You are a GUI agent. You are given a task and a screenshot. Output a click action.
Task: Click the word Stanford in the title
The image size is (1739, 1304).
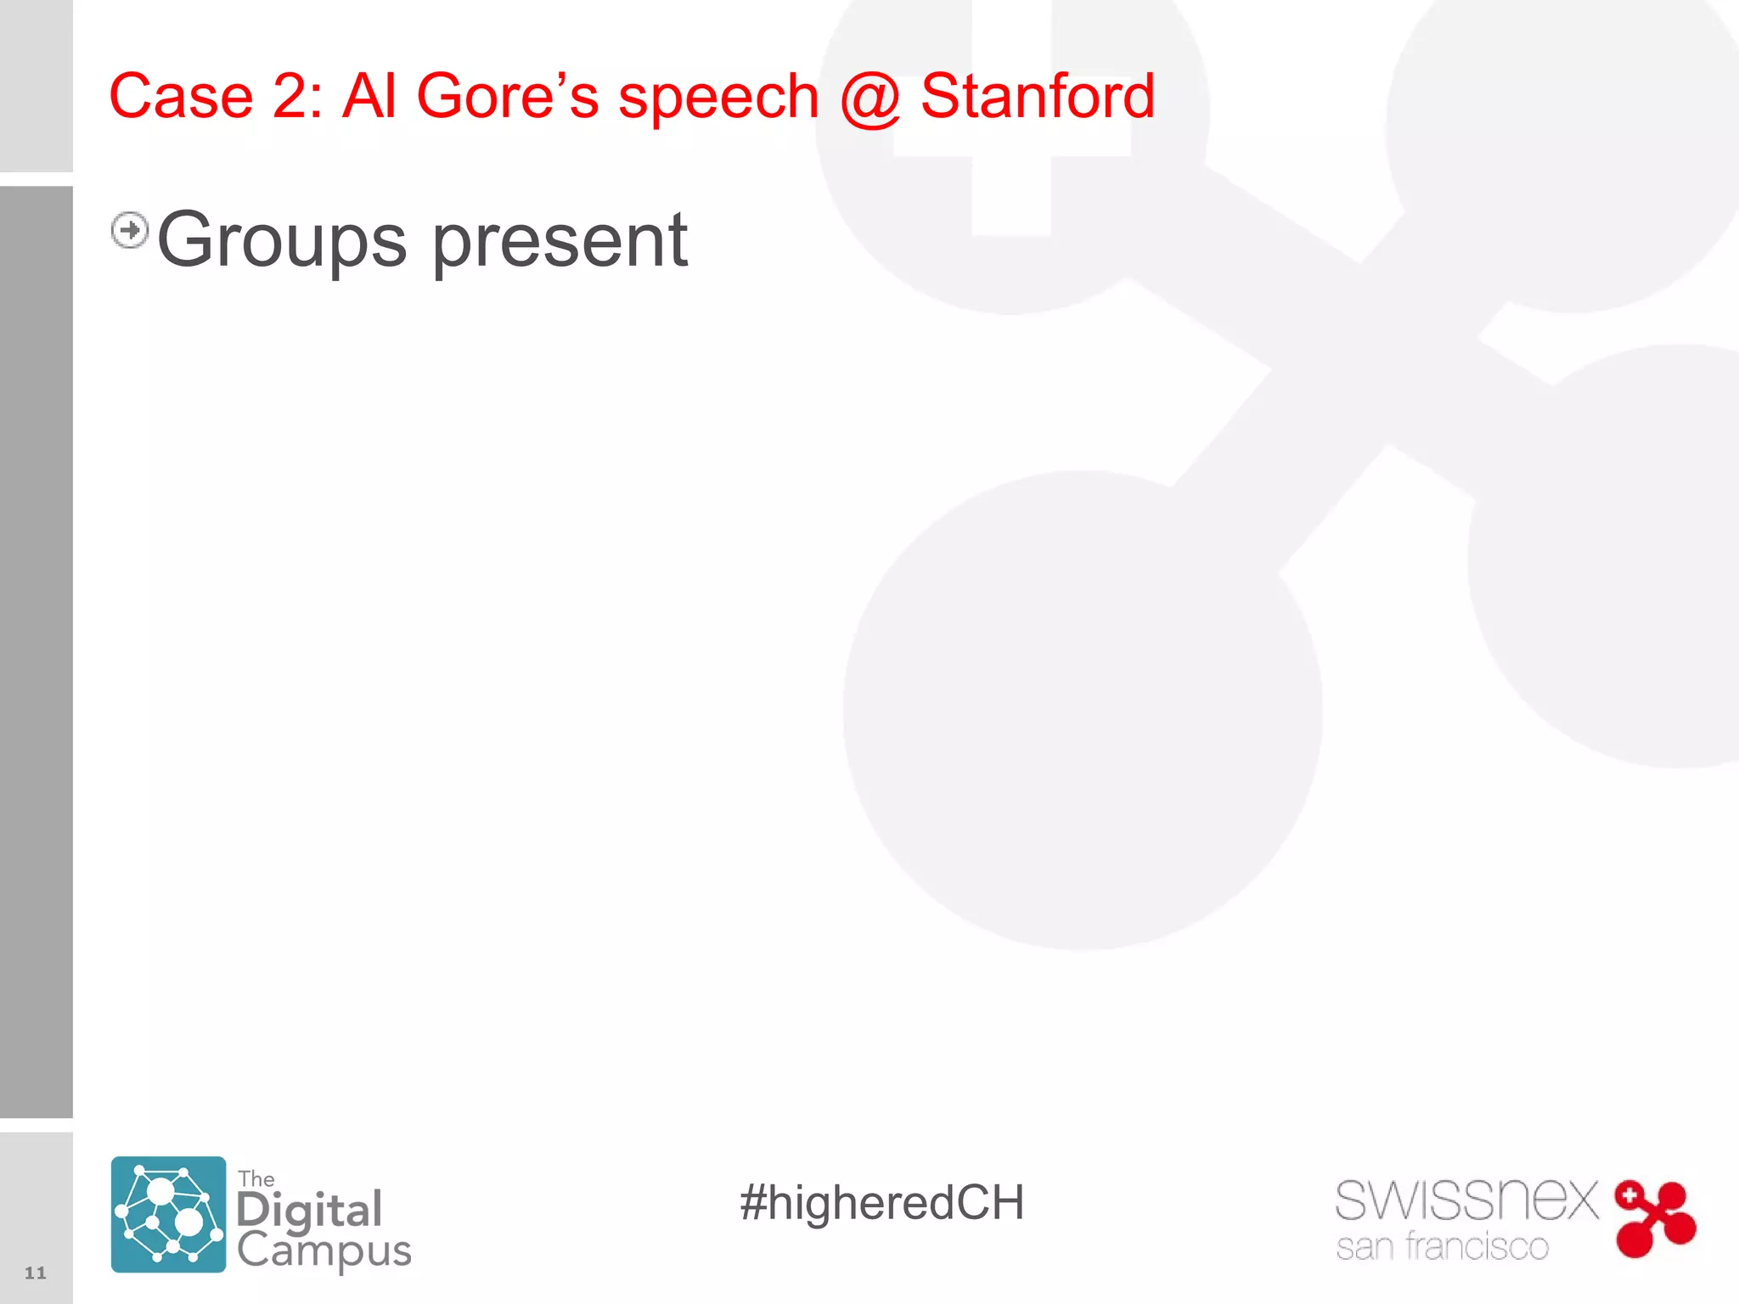click(x=1037, y=96)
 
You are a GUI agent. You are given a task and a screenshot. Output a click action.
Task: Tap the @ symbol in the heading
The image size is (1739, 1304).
click(x=869, y=98)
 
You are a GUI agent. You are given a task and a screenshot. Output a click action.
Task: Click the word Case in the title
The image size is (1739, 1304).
click(x=181, y=96)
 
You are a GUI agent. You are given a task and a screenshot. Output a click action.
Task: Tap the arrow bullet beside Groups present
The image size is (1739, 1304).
click(x=130, y=230)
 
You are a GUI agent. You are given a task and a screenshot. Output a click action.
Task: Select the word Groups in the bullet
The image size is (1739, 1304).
click(x=282, y=242)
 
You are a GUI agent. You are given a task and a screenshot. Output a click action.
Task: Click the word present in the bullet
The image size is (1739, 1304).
click(x=560, y=242)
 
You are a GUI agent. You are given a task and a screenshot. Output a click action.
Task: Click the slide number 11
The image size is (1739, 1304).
click(x=35, y=1272)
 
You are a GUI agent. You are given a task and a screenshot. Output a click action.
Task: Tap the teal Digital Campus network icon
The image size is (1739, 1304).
click(x=168, y=1214)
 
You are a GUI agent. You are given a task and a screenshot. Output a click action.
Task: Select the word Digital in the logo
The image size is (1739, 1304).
click(x=309, y=1211)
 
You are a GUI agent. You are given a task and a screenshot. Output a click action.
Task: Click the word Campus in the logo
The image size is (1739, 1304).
click(x=324, y=1251)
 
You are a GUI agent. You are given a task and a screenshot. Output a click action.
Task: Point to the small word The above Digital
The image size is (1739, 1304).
click(x=256, y=1179)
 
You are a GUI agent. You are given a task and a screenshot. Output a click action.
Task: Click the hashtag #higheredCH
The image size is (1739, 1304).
click(x=881, y=1203)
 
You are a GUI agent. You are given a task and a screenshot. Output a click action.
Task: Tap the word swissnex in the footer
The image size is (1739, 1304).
click(x=1466, y=1200)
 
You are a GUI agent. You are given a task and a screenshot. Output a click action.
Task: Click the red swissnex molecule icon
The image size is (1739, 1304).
click(x=1655, y=1219)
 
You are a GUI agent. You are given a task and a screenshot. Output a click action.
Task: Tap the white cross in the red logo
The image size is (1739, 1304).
click(x=1629, y=1195)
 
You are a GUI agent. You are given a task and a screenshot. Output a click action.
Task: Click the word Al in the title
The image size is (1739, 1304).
click(x=369, y=96)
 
